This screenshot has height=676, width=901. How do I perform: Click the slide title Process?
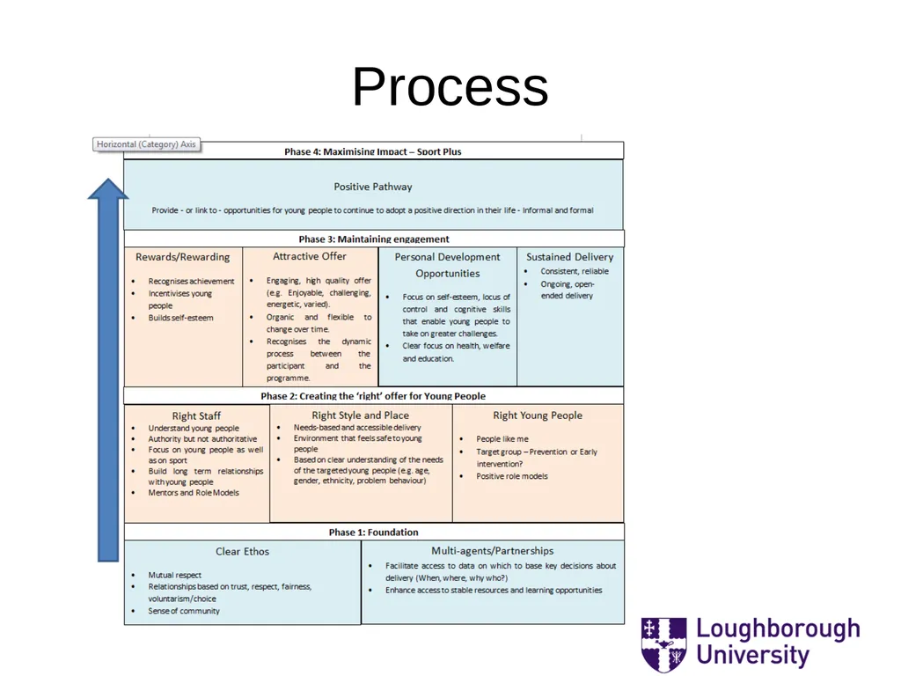coord(450,87)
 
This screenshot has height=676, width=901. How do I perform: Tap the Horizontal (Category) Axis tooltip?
coord(147,144)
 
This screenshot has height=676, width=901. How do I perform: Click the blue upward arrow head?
coord(108,189)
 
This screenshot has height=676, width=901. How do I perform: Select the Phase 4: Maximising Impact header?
coord(373,151)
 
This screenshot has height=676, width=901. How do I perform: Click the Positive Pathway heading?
coord(373,187)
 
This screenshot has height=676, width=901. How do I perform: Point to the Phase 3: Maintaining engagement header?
coord(374,239)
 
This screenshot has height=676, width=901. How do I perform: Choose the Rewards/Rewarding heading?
coord(183,257)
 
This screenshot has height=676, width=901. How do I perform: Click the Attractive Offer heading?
coord(310,256)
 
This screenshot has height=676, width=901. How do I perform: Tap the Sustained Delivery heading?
coord(570,257)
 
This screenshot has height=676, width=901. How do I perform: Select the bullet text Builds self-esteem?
coord(180,318)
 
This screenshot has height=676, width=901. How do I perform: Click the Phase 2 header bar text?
coord(373,396)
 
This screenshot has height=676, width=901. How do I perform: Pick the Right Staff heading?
coord(196,415)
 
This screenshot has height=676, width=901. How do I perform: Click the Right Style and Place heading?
coord(360,415)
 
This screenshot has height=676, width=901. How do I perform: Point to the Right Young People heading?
coord(538,415)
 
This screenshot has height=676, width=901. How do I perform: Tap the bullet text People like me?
coord(502,439)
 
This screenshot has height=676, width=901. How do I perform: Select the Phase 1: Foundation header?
coord(373,533)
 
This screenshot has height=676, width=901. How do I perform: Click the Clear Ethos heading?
coord(243,551)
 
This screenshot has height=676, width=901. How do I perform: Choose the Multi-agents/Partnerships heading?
coord(493,551)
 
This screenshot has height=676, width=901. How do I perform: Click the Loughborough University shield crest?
coord(663,644)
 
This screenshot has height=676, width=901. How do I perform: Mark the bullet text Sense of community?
coord(184,611)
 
